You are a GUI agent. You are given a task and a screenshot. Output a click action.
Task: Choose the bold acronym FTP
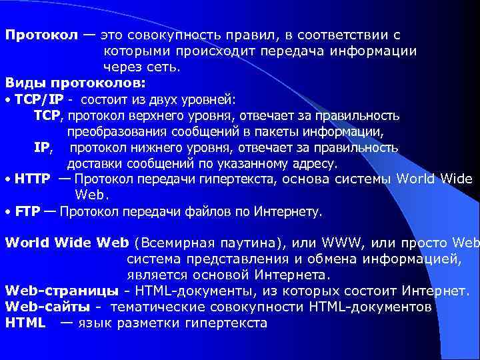[27, 212]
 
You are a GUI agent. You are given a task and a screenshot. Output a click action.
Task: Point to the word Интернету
[285, 212]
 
